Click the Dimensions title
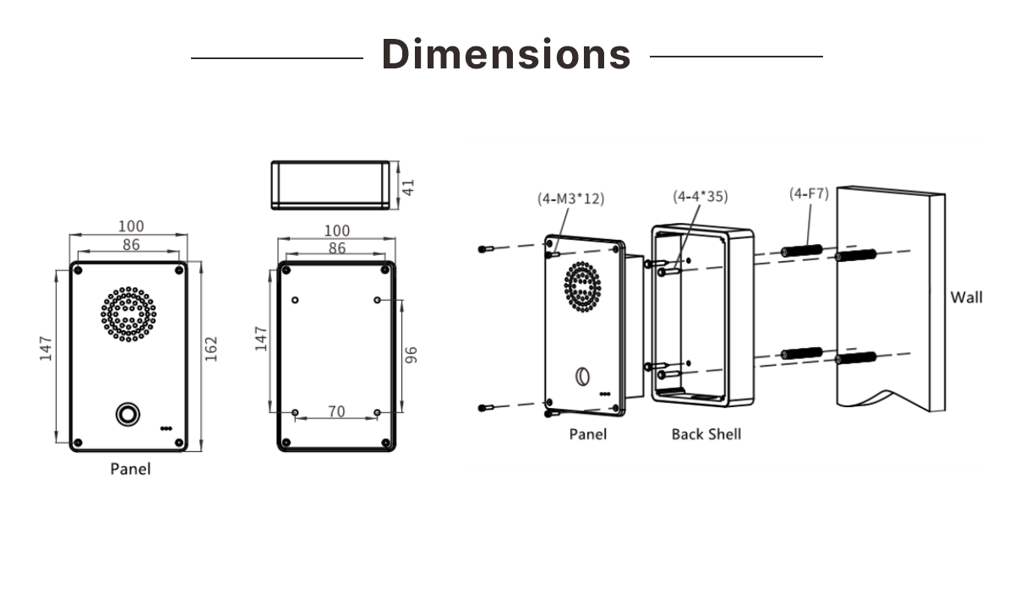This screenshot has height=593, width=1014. (x=506, y=54)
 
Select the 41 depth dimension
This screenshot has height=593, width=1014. (x=409, y=187)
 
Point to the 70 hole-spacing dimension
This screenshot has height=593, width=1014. (x=336, y=411)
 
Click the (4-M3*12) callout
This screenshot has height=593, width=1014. (x=571, y=199)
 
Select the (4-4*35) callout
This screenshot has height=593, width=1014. (x=700, y=196)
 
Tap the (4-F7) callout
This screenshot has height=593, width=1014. (x=809, y=193)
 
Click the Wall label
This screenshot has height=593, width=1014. (x=967, y=297)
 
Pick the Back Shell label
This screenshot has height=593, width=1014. (x=706, y=434)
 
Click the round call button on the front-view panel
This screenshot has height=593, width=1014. (x=127, y=414)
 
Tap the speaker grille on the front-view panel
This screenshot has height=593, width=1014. (x=128, y=314)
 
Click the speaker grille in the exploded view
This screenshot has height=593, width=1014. (x=582, y=286)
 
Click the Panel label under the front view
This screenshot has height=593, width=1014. (x=130, y=468)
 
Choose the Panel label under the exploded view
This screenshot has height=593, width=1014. (x=587, y=434)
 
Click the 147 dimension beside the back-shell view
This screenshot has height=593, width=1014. (x=262, y=339)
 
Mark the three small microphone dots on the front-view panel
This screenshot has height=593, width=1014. (x=166, y=427)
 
